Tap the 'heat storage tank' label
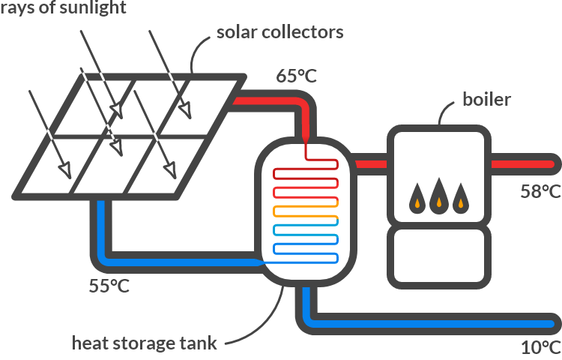[x=144, y=343]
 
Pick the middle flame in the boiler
[x=438, y=198]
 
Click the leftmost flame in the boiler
[x=414, y=199]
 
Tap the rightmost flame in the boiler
[x=462, y=199]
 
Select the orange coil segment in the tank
[x=306, y=211]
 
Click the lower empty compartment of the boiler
[x=438, y=256]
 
